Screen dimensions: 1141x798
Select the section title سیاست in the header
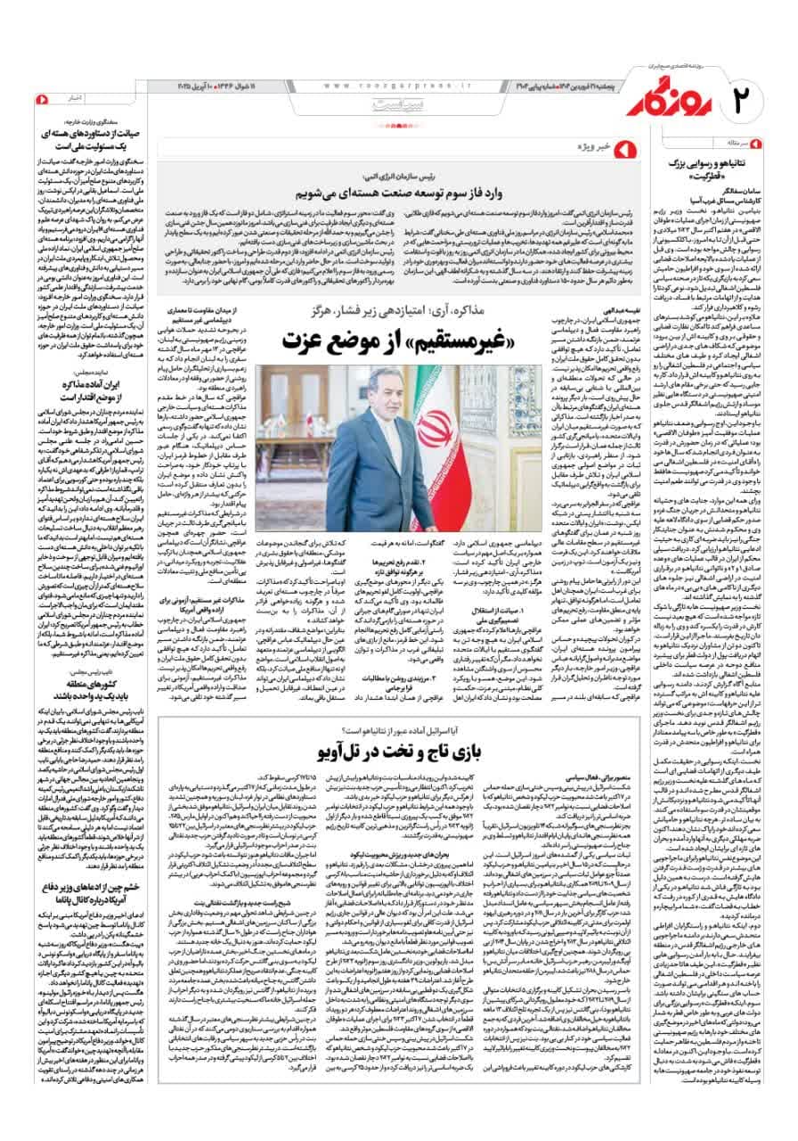397,105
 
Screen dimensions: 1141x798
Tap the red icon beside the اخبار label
37,95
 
